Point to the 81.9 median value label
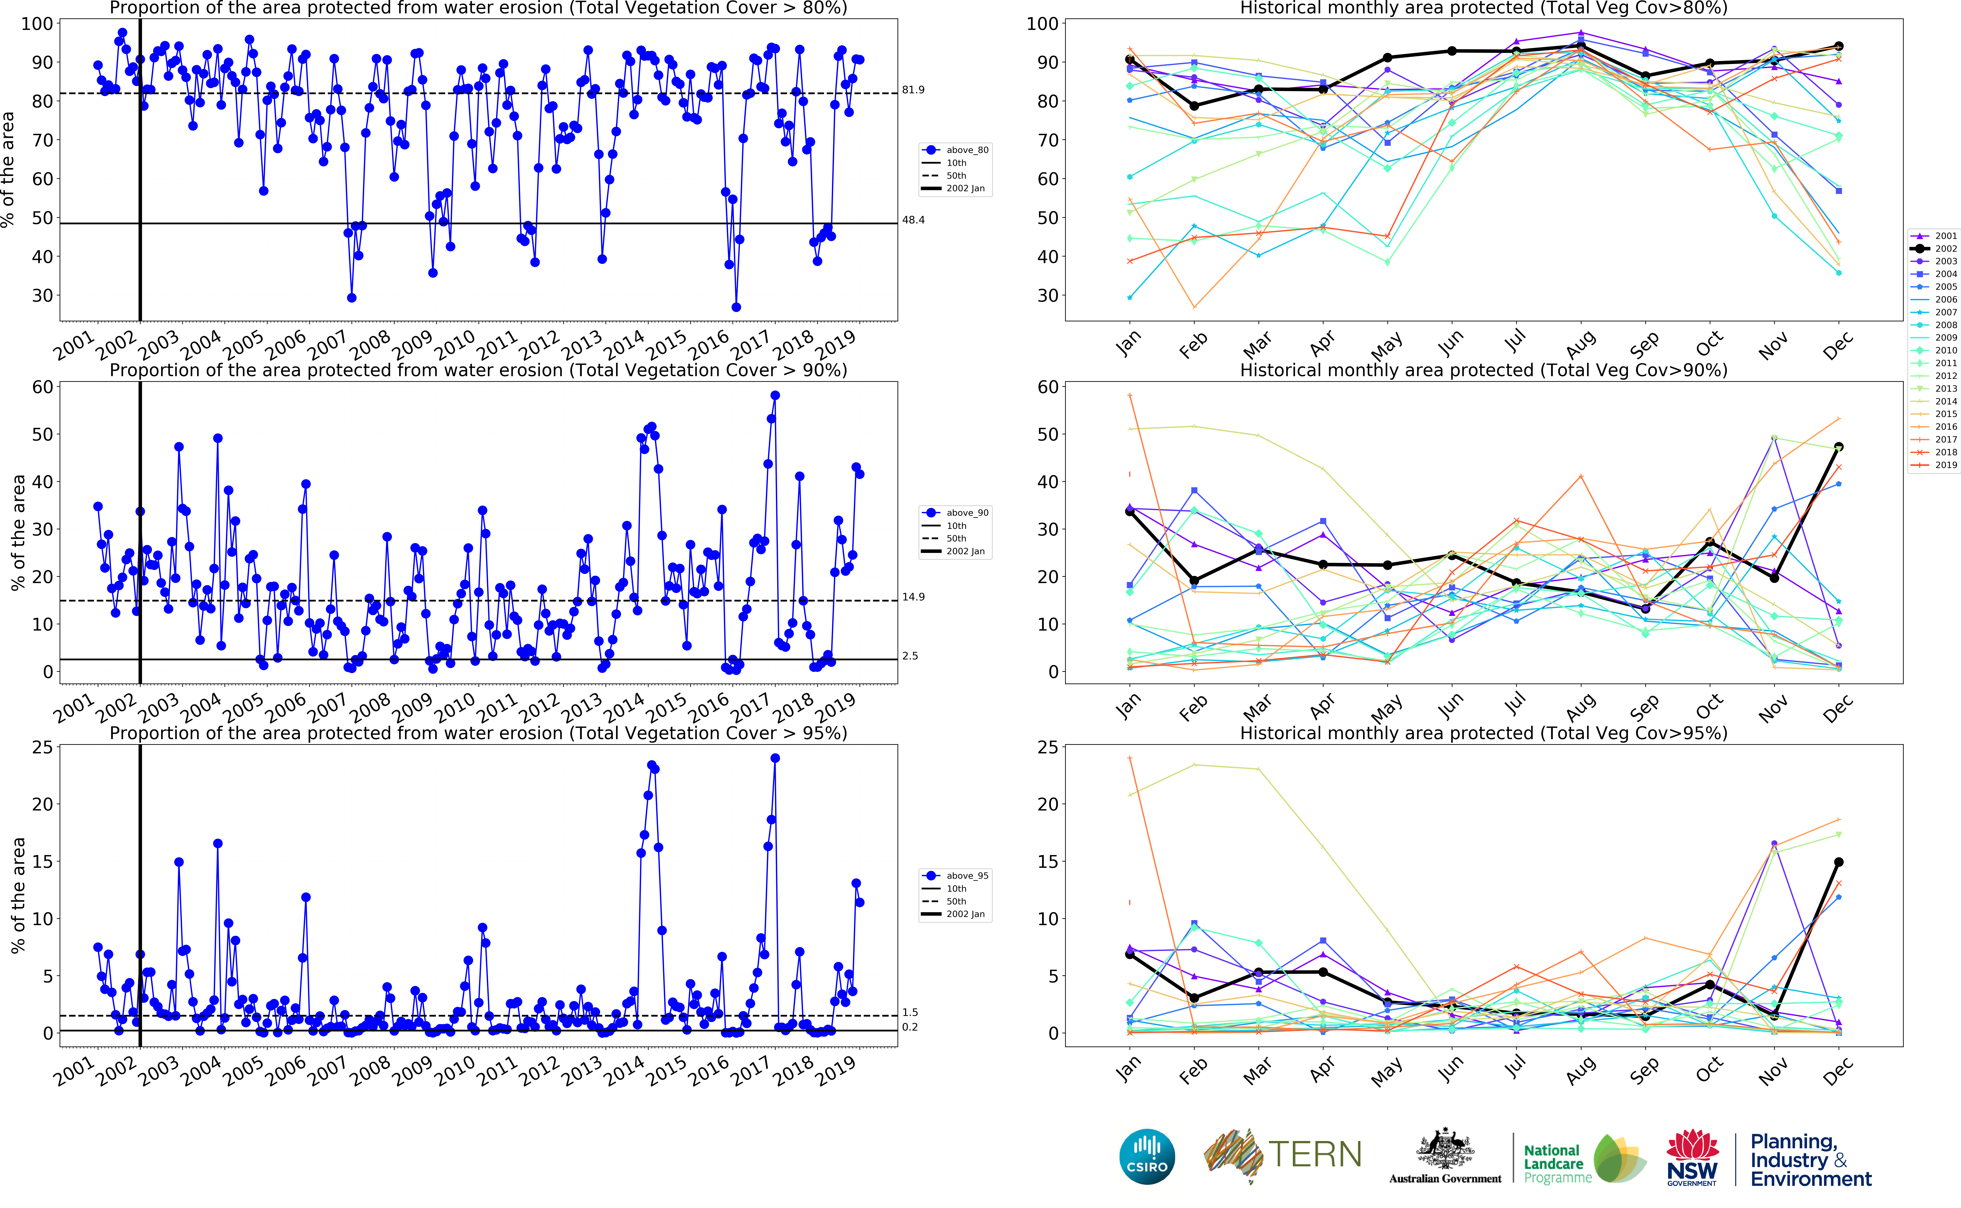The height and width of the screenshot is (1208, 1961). (x=913, y=90)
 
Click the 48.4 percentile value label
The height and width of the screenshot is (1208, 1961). (x=913, y=220)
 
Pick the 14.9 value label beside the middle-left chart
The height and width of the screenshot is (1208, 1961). (x=913, y=597)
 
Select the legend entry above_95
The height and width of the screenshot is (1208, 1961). (x=967, y=876)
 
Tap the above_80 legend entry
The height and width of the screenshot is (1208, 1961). (x=967, y=150)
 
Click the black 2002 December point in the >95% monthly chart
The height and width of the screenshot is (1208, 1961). (x=1838, y=862)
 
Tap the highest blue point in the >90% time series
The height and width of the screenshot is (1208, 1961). (x=775, y=395)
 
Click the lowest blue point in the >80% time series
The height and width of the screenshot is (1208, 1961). (x=736, y=307)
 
